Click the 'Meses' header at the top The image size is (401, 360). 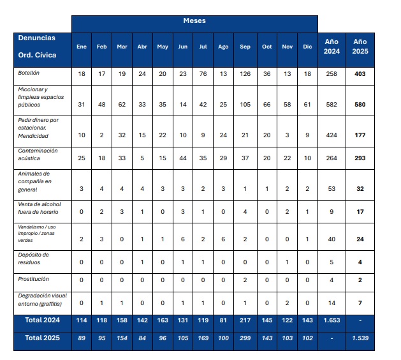click(194, 21)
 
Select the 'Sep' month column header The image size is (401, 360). click(245, 47)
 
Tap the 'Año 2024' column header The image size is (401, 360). click(332, 46)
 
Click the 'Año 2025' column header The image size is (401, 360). click(360, 46)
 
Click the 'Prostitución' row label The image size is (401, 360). click(33, 279)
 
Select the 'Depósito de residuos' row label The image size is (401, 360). click(34, 259)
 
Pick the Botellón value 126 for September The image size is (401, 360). click(245, 75)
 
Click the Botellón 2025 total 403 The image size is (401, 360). click(360, 75)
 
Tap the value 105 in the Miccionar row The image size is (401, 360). click(245, 105)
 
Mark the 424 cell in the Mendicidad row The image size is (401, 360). click(332, 135)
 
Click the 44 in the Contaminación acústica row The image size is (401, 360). click(183, 158)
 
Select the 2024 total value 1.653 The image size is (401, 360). click(332, 320)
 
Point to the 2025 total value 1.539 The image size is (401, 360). click(360, 339)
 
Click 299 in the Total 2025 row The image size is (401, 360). click(245, 339)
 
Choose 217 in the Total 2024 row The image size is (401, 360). click(245, 320)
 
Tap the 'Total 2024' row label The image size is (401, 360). click(42, 320)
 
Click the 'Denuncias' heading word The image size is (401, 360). click(36, 38)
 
